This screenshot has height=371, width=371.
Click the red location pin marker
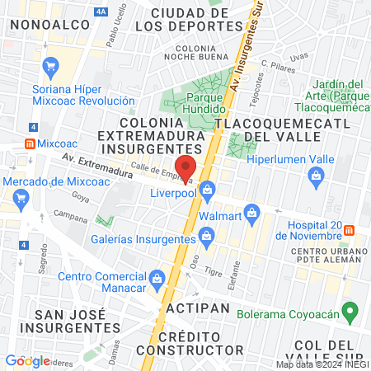click(x=185, y=167)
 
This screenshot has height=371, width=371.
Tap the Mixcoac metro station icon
click(x=31, y=142)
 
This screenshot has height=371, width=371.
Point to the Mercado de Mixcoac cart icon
click(x=21, y=197)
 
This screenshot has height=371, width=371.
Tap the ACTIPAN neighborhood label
click(x=190, y=307)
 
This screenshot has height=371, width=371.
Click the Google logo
click(x=27, y=360)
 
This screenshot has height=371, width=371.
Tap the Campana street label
click(x=70, y=214)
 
